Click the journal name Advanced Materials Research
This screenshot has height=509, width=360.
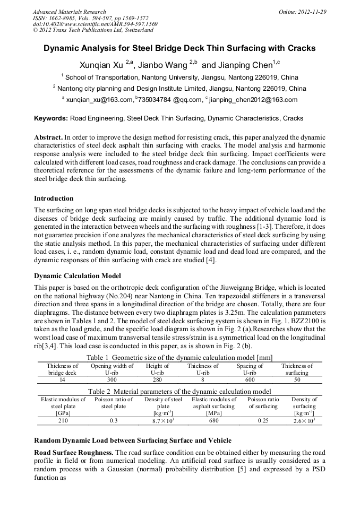pyautogui.click(x=69, y=12)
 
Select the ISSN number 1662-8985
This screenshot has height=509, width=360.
pyautogui.click(x=65, y=18)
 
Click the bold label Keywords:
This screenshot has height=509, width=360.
pyautogui.click(x=52, y=118)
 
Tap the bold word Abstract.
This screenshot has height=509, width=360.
pyautogui.click(x=48, y=136)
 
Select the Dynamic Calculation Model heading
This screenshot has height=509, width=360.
pyautogui.click(x=78, y=276)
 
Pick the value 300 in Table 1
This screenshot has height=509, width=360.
pyautogui.click(x=112, y=380)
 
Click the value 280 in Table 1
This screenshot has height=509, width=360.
pyautogui.click(x=157, y=380)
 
